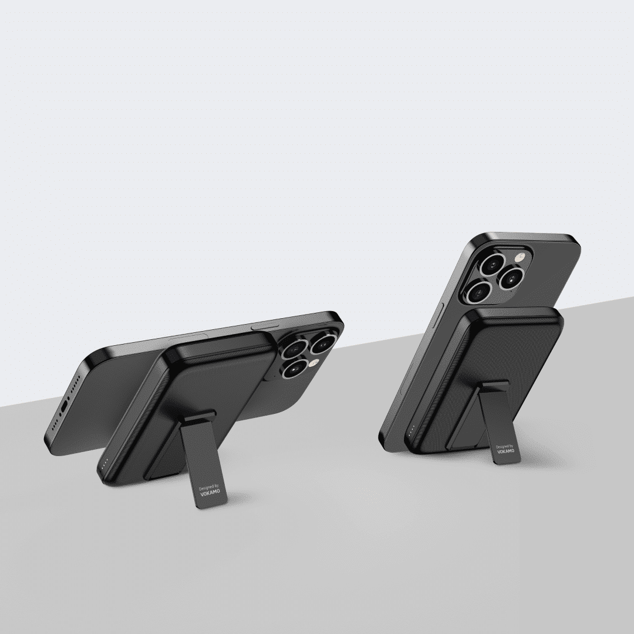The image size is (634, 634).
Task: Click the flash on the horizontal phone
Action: (313, 363)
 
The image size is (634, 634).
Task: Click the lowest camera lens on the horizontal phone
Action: (295, 368)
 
